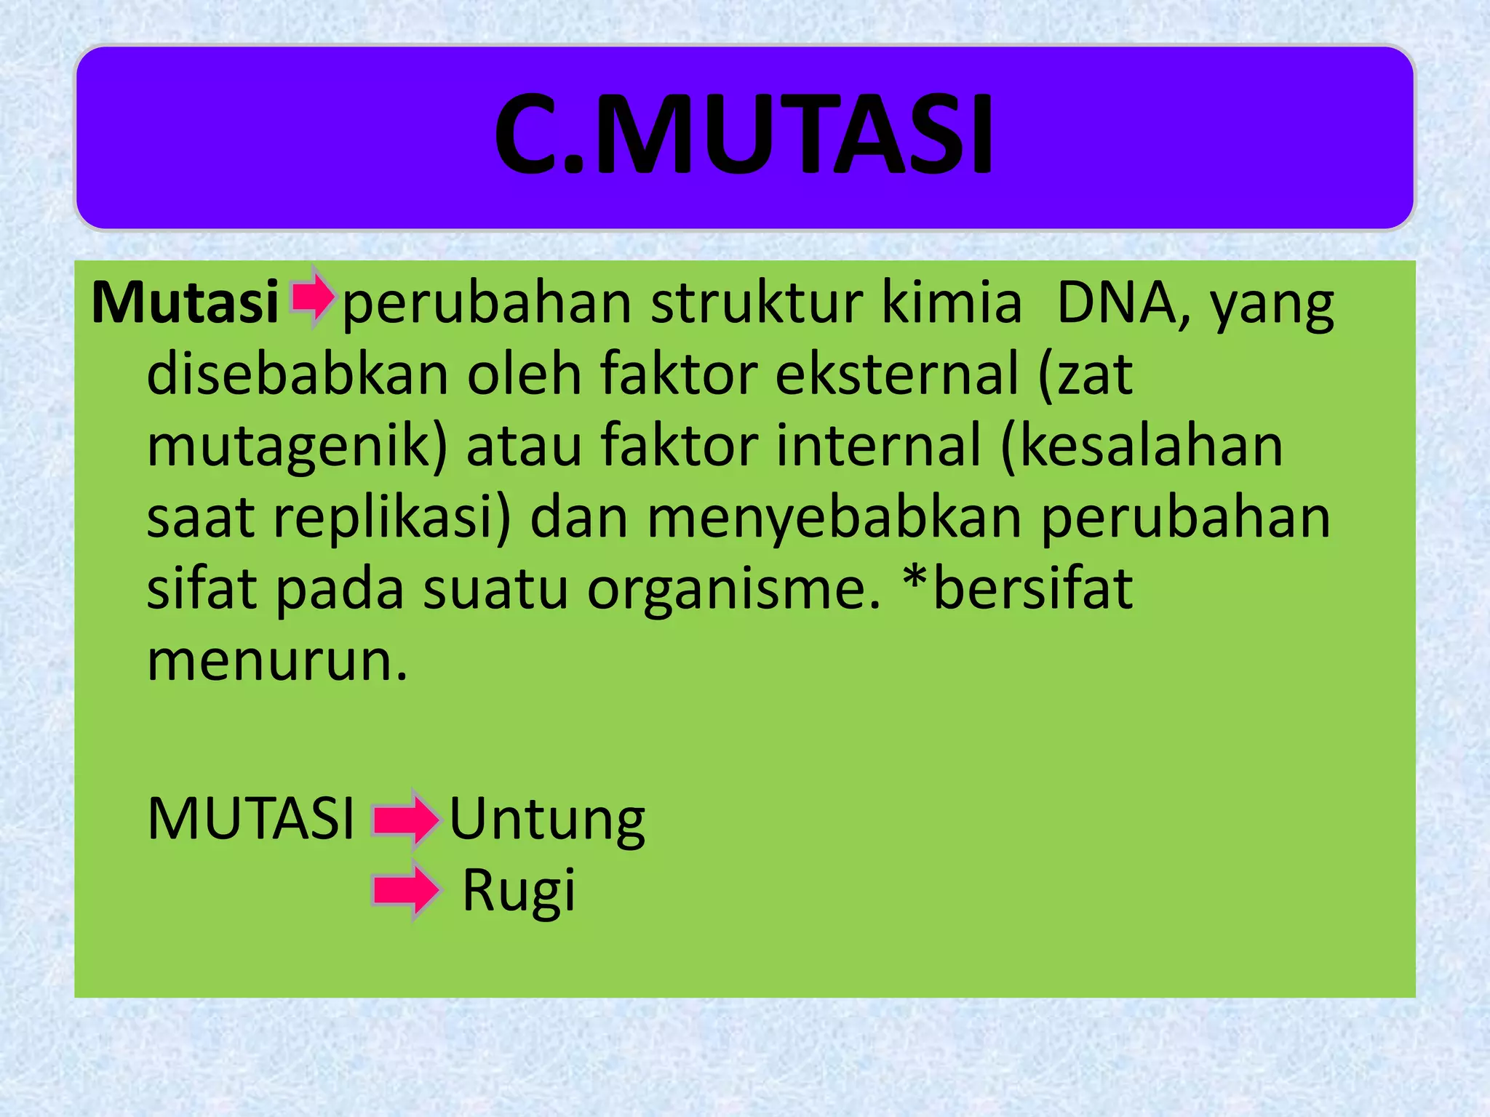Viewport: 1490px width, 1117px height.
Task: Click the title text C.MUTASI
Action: pos(744,135)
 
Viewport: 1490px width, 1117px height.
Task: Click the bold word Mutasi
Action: pos(186,303)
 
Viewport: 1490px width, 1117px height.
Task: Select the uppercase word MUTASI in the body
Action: pos(250,819)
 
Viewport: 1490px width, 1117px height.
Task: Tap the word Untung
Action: pos(547,820)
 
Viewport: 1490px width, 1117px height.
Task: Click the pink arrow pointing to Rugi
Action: pos(406,890)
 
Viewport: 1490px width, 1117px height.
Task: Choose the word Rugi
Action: pos(519,890)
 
